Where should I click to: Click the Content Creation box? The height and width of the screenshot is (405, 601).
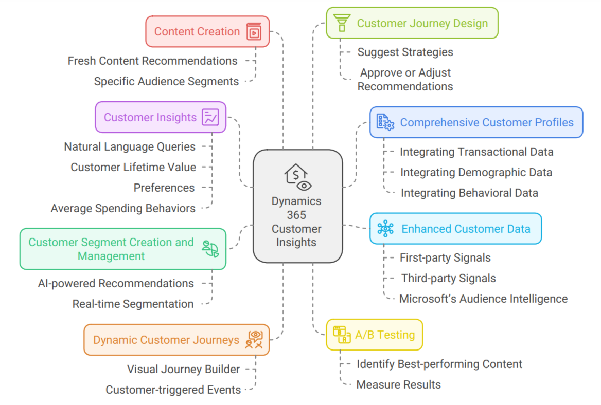207,32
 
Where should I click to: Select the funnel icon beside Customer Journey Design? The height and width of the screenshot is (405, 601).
341,23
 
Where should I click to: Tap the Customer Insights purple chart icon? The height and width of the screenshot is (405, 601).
210,117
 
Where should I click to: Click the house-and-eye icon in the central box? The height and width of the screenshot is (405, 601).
297,177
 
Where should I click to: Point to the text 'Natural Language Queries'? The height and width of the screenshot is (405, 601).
130,146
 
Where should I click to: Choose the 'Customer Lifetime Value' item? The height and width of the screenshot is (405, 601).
133,167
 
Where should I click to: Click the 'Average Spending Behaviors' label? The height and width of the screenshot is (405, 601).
123,208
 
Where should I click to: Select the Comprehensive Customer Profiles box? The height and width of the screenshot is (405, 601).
476,122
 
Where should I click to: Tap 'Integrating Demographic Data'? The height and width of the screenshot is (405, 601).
476,172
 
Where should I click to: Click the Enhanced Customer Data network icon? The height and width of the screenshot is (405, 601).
385,229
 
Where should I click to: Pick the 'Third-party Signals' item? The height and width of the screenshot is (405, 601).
449,278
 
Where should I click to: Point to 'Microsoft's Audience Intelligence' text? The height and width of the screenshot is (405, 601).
483,299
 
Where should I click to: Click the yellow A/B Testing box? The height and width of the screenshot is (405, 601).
374,335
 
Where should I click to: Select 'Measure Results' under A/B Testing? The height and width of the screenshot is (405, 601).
398,384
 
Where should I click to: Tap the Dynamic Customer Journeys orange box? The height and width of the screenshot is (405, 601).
176,340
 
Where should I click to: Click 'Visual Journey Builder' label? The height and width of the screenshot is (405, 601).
183,369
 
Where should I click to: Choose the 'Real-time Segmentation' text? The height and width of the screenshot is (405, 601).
133,304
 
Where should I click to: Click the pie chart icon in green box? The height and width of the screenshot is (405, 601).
210,249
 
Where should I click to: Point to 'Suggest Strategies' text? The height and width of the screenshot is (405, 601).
405,52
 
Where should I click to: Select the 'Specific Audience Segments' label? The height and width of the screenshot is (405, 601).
166,81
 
